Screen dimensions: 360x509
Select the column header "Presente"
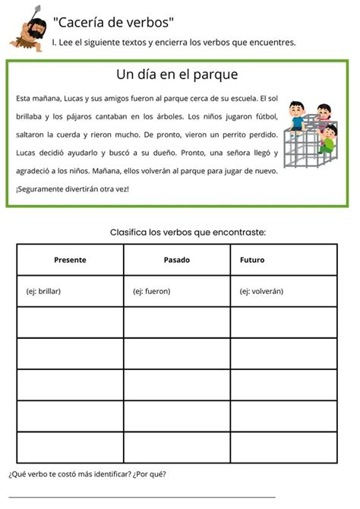pyautogui.click(x=70, y=260)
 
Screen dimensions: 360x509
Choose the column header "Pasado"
pyautogui.click(x=177, y=260)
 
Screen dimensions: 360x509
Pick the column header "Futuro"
pyautogui.click(x=252, y=260)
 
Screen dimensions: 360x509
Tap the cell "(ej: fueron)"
pyautogui.click(x=151, y=291)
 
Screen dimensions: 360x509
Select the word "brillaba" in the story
pyautogui.click(x=28, y=117)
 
